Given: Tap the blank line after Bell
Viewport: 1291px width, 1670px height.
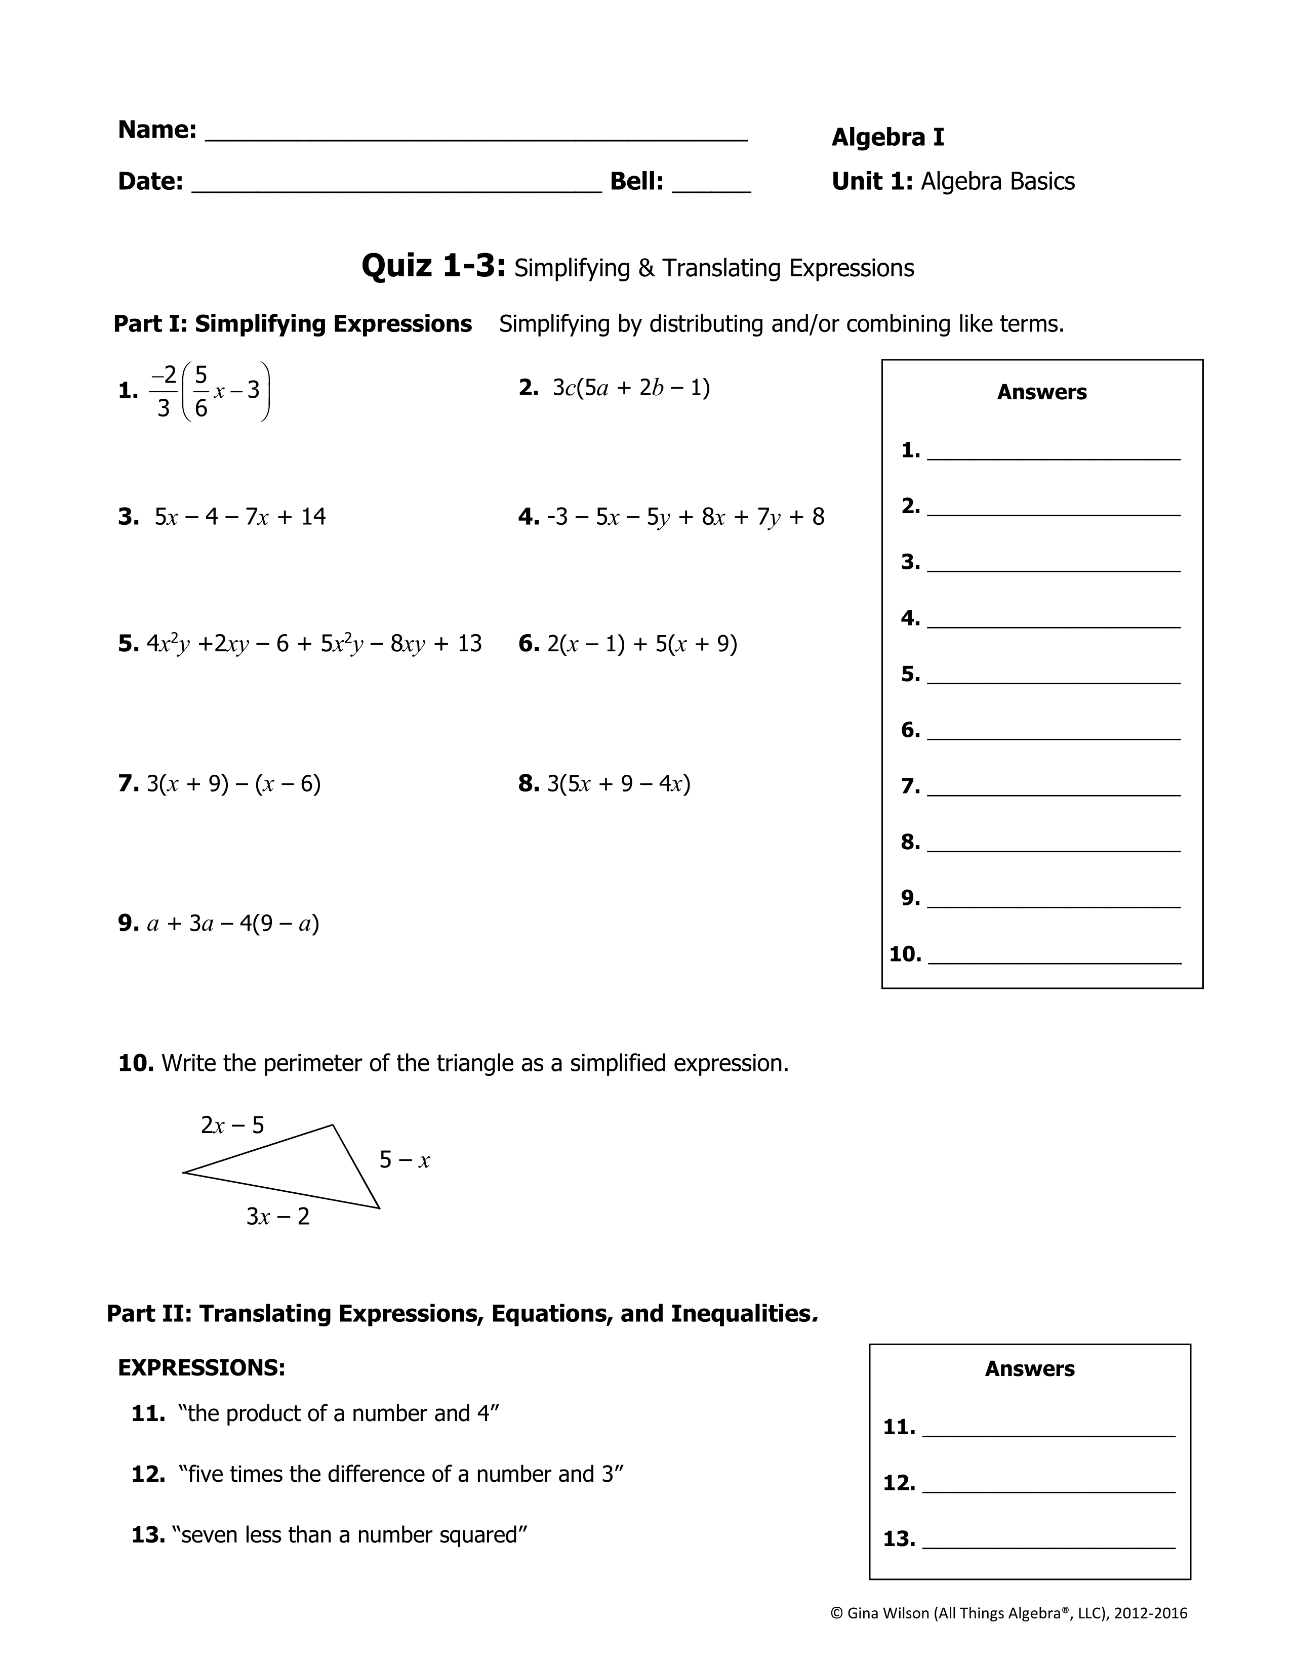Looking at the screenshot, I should pyautogui.click(x=711, y=190).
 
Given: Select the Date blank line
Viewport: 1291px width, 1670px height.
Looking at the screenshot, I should pyautogui.click(x=396, y=190).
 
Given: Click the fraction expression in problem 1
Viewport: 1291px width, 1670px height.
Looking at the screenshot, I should pyautogui.click(x=210, y=392).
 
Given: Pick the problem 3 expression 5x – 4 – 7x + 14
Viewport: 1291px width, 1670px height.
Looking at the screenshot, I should pyautogui.click(x=240, y=517).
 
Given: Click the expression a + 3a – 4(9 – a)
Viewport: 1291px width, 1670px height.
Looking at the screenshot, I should pyautogui.click(x=232, y=924).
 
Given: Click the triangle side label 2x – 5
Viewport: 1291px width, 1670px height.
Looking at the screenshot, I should pyautogui.click(x=232, y=1125).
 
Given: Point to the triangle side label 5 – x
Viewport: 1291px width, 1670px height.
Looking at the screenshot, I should pyautogui.click(x=405, y=1160).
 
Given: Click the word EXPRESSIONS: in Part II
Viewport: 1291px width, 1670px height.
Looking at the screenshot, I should pyautogui.click(x=201, y=1368).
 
